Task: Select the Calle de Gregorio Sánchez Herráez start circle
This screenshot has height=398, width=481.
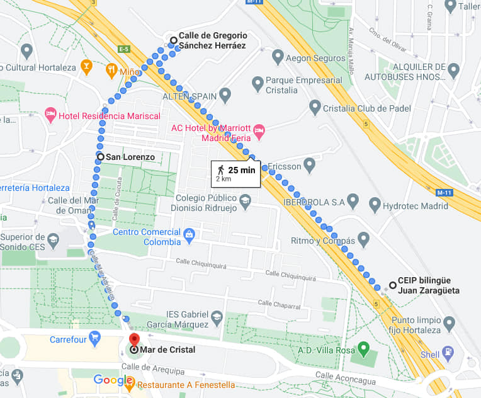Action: click(173, 40)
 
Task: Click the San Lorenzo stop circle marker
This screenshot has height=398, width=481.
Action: click(100, 156)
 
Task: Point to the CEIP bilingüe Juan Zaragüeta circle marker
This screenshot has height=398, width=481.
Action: click(392, 285)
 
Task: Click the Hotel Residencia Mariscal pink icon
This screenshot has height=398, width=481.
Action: click(51, 115)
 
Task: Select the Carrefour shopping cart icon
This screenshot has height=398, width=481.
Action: click(95, 339)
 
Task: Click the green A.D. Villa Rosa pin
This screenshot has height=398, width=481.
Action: click(363, 348)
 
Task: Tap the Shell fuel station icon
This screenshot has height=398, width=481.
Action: click(448, 353)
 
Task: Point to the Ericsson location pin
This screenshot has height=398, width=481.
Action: click(309, 166)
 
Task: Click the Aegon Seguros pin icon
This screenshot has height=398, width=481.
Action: click(278, 57)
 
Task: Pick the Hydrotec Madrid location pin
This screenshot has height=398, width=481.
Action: click(375, 204)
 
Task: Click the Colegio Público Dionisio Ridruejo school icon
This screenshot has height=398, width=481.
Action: click(244, 201)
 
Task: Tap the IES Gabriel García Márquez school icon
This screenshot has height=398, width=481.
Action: click(217, 317)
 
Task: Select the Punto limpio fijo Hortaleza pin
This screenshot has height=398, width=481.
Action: click(449, 323)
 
